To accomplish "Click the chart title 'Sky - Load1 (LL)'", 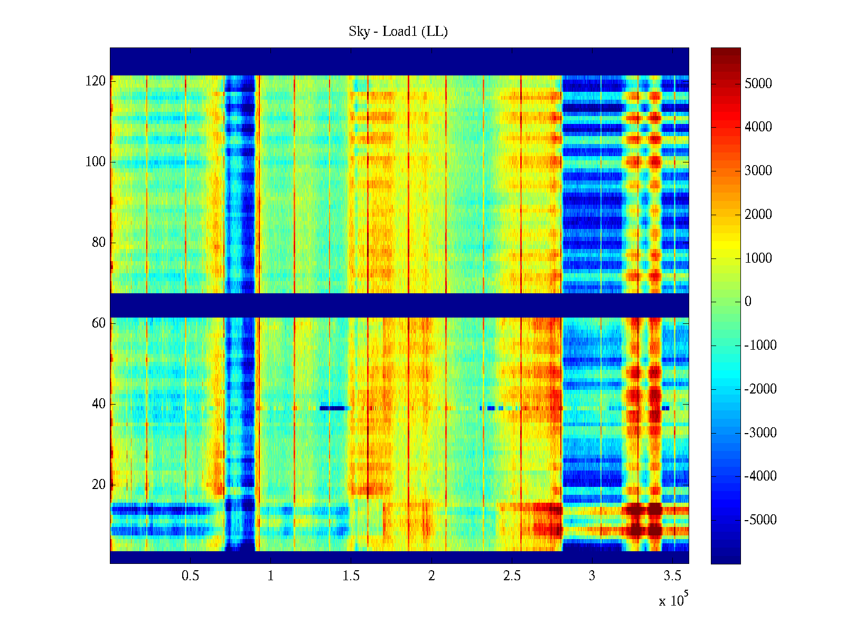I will (398, 32).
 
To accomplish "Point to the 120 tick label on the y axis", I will (96, 81).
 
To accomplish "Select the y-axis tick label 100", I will (96, 162).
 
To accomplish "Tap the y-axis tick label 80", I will (99, 243).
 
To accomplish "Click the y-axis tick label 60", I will (99, 323).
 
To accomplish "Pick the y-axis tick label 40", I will (99, 404).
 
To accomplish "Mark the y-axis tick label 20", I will (99, 485).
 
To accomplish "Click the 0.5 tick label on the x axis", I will (190, 576).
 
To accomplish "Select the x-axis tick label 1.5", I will (351, 576).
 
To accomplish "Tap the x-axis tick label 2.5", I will (512, 576).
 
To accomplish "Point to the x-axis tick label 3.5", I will (672, 576).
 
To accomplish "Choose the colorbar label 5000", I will (758, 83).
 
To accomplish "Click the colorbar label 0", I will (748, 302).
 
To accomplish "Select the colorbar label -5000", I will (760, 520).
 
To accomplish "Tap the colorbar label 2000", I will (758, 214).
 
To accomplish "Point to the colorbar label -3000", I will (760, 433).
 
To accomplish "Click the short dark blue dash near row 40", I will (333, 408).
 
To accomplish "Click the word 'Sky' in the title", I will (359, 32).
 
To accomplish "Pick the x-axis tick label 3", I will (592, 576).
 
